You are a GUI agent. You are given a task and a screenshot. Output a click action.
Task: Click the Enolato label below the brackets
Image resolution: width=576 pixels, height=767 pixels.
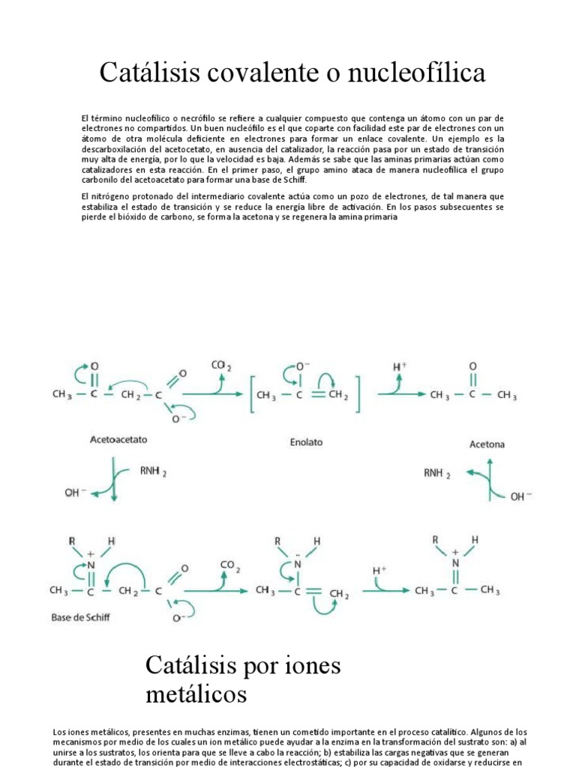(x=306, y=442)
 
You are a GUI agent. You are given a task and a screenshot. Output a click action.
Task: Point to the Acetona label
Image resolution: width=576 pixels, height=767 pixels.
(x=487, y=444)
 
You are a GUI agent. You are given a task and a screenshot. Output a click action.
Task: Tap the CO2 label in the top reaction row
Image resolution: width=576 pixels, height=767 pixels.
(x=221, y=366)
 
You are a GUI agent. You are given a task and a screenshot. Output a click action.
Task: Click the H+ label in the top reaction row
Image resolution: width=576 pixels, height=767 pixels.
(x=401, y=367)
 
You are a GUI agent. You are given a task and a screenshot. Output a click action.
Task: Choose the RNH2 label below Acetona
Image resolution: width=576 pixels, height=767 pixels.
(x=437, y=473)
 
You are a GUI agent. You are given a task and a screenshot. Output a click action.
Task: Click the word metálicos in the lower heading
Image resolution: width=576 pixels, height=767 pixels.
(x=196, y=694)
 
